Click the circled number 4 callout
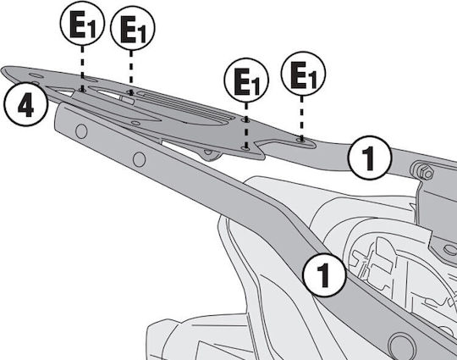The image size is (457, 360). pyautogui.click(x=25, y=105)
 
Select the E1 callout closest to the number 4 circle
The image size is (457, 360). pyautogui.click(x=82, y=24)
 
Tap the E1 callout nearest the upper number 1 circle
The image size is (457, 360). pyautogui.click(x=303, y=74)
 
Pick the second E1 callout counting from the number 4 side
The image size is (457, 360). pyautogui.click(x=133, y=28)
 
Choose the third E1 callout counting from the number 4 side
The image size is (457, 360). pyautogui.click(x=246, y=80)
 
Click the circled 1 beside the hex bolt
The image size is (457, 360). pyautogui.click(x=370, y=158)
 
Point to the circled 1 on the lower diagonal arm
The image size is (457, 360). pyautogui.click(x=324, y=274)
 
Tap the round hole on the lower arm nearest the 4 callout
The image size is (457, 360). pyautogui.click(x=81, y=131)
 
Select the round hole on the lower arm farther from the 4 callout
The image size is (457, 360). pyautogui.click(x=139, y=159)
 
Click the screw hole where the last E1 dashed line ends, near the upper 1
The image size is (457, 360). pyautogui.click(x=301, y=141)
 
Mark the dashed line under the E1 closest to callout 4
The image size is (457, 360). pyautogui.click(x=82, y=68)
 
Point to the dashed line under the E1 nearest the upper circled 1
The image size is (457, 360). pyautogui.click(x=301, y=118)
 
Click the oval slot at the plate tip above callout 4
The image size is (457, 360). pyautogui.click(x=36, y=76)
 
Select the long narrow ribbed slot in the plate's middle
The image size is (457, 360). pyautogui.click(x=186, y=105)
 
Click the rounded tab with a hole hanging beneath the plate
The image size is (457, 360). pyautogui.click(x=209, y=154)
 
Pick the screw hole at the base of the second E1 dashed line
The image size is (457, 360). pyautogui.click(x=131, y=93)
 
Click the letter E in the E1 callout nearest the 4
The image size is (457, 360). pyautogui.click(x=78, y=25)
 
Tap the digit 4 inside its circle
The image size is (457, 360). pyautogui.click(x=25, y=106)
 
